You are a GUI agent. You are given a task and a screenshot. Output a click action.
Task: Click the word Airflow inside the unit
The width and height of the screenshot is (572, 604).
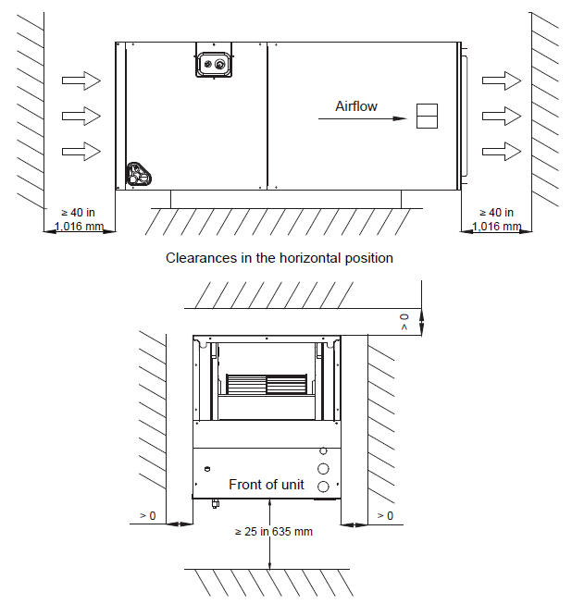click(x=356, y=106)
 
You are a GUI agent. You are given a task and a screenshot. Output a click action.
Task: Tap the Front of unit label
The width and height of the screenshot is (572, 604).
click(x=267, y=485)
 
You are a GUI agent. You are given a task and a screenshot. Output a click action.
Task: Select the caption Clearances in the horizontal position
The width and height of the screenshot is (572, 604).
click(x=280, y=258)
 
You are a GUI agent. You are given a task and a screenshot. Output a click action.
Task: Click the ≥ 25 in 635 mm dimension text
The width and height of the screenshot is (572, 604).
click(x=274, y=532)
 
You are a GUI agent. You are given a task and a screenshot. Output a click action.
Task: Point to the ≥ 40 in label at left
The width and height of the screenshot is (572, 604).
click(x=79, y=213)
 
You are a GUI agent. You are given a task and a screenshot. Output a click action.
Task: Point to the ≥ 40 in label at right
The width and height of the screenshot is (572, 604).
click(x=496, y=213)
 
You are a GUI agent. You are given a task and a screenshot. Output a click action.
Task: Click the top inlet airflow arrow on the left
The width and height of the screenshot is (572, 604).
click(x=81, y=80)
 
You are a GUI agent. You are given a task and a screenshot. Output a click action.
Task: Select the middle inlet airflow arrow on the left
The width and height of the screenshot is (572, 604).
click(x=81, y=116)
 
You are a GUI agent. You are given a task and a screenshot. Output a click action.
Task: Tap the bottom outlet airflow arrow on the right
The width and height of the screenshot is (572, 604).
click(x=502, y=152)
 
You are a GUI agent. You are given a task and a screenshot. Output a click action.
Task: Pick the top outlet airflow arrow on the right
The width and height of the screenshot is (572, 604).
click(x=502, y=80)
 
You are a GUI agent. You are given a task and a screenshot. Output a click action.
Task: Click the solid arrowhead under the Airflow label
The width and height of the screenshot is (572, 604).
click(x=400, y=118)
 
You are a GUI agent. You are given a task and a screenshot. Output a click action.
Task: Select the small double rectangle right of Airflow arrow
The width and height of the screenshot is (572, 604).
click(x=427, y=116)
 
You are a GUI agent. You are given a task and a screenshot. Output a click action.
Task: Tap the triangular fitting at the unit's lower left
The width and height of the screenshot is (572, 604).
click(x=139, y=174)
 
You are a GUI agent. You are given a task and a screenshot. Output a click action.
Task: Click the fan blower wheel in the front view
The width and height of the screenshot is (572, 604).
click(x=267, y=384)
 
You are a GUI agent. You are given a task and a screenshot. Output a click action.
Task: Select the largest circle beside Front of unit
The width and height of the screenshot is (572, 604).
click(x=323, y=469)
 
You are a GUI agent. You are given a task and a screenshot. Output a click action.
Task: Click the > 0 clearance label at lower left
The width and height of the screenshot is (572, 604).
click(x=147, y=516)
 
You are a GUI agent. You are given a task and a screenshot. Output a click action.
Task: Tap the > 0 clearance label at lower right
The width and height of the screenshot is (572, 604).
click(x=385, y=516)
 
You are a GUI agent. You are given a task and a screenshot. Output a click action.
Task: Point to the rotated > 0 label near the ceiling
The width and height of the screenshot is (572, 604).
click(x=404, y=322)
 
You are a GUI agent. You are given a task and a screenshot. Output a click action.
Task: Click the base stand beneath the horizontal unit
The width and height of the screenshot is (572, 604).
click(x=286, y=199)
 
